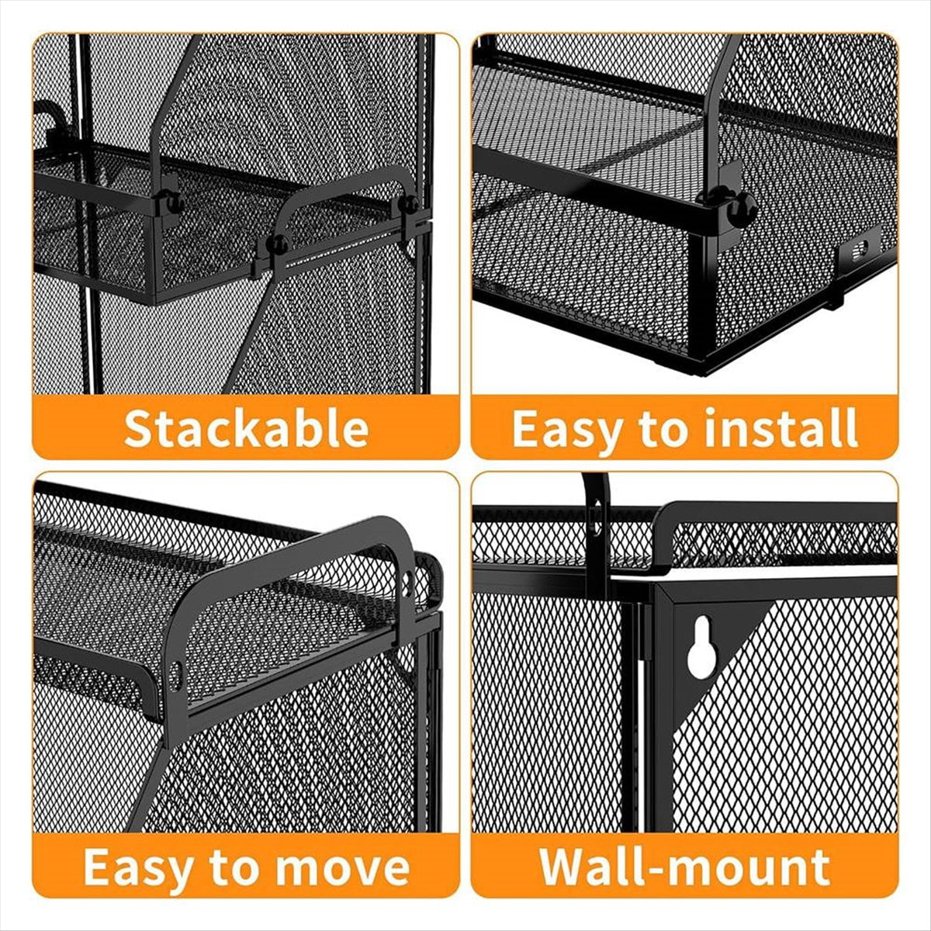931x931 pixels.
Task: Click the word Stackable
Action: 247,427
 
